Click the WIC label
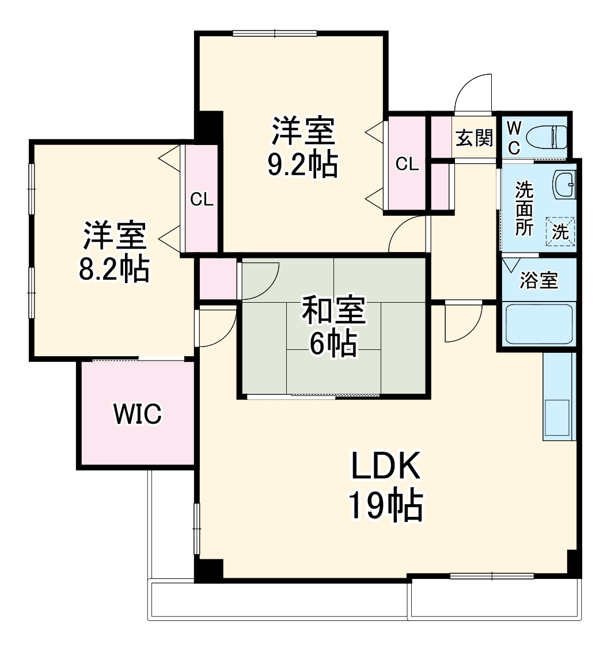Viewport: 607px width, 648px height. pos(138,414)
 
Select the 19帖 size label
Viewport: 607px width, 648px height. pos(385,506)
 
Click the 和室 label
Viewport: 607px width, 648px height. pos(333,311)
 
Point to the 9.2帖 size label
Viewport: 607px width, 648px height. pos(302,165)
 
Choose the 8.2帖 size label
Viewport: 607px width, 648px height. pos(114,269)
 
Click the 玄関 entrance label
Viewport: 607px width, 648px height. pos(475,138)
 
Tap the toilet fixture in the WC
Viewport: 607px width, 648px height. pos(551,137)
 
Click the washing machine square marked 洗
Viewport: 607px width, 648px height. pos(560,231)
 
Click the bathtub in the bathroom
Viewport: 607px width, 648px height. pos(538,324)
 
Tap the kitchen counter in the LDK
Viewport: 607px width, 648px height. pos(559,396)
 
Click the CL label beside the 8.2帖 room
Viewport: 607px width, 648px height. pos(202,200)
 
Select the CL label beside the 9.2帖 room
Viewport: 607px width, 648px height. pos(407,164)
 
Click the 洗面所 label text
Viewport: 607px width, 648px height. pos(523,208)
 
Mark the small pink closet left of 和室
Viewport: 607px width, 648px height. pos(218,279)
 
